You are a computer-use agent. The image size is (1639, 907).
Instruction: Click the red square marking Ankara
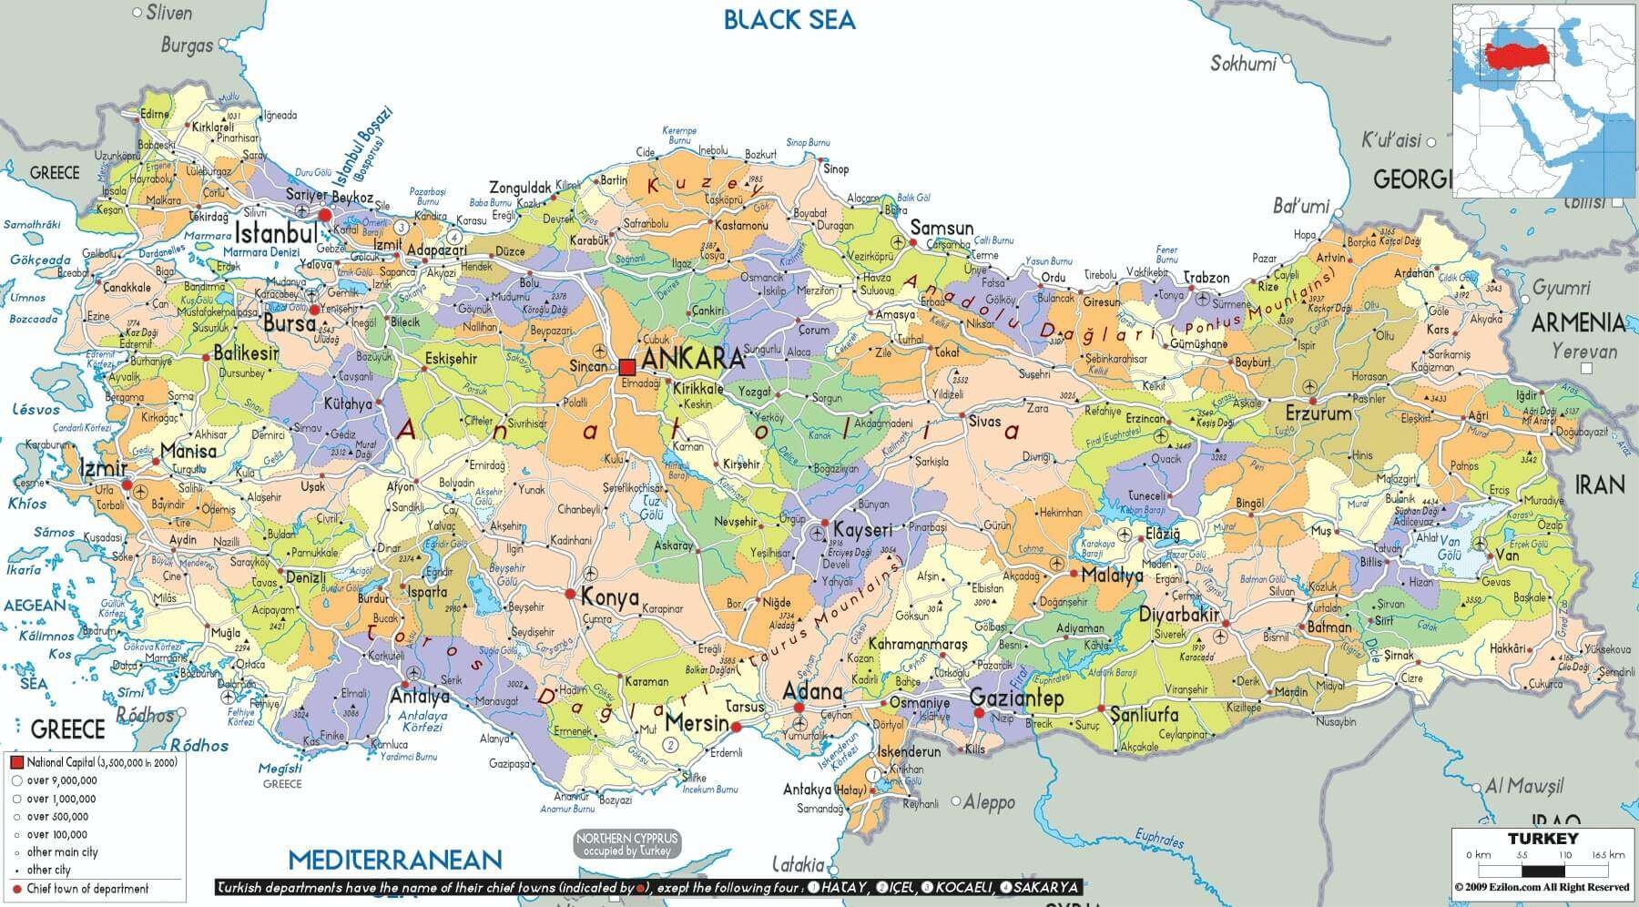coord(626,367)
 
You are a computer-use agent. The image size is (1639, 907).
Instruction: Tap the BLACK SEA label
coord(789,19)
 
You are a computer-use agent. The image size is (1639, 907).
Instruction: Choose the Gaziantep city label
coord(1017,698)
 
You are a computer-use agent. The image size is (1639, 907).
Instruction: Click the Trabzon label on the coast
coord(1206,278)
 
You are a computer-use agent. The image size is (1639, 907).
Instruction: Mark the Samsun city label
coord(942,229)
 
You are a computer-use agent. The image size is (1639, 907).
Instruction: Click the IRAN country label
coord(1601,484)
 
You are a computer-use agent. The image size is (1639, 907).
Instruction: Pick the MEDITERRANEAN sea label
coord(395,860)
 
